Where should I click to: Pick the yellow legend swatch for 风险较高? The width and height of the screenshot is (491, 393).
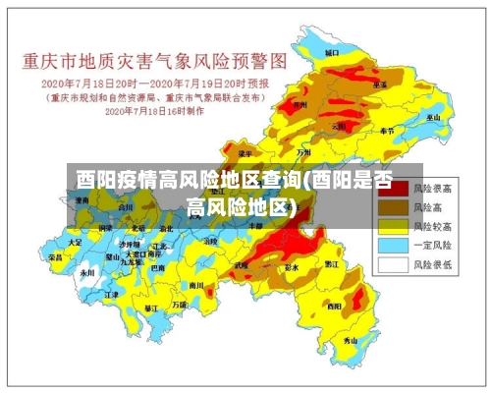(x=392, y=225)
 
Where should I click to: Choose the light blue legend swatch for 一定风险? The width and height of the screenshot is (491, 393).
(x=392, y=245)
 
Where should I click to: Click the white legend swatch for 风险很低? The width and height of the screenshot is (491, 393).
(x=392, y=264)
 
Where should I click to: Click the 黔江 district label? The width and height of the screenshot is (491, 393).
(x=331, y=264)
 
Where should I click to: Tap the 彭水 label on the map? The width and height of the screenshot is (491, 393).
(x=291, y=267)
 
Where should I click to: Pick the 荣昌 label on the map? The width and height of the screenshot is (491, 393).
(x=55, y=256)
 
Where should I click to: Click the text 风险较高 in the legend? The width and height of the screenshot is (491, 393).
(x=432, y=225)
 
